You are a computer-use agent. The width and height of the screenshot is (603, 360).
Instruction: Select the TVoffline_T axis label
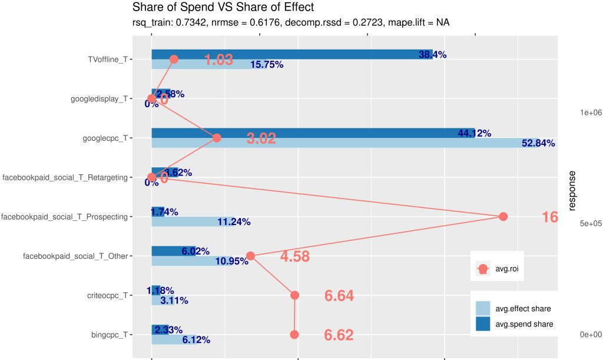(108, 60)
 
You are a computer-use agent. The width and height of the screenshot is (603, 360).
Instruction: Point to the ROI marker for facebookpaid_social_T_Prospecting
(503, 217)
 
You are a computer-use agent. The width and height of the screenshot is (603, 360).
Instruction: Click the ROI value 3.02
(261, 139)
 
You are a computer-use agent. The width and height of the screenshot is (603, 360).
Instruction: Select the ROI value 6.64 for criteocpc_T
(339, 296)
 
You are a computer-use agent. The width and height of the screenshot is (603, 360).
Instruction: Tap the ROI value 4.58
(294, 257)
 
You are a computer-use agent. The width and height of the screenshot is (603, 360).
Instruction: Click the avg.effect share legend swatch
(483, 308)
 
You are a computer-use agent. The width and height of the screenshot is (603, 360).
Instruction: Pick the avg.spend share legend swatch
(483, 323)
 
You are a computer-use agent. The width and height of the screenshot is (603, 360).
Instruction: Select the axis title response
(572, 190)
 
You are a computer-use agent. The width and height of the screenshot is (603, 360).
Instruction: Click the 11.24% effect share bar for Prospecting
(188, 222)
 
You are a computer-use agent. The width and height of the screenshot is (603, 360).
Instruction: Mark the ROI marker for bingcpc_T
(294, 335)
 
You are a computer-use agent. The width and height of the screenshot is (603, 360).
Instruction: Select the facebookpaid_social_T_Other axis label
(75, 256)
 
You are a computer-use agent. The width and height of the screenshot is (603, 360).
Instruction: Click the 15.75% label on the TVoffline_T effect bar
(267, 65)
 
